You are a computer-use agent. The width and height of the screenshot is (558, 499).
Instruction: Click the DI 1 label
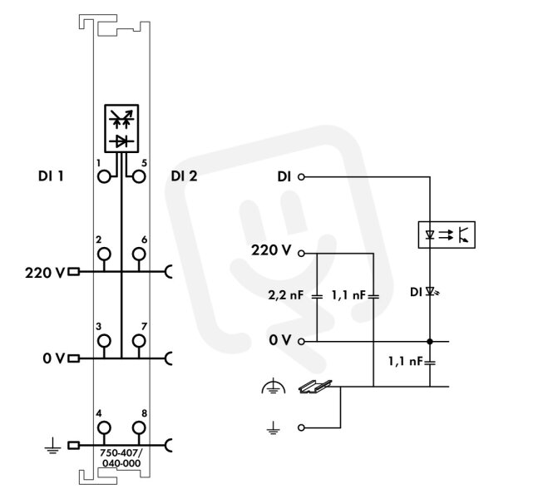51,175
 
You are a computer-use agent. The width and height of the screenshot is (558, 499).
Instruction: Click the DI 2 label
184,175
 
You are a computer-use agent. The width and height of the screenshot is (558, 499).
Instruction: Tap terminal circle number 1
104,176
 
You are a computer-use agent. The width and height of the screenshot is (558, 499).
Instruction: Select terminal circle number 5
139,176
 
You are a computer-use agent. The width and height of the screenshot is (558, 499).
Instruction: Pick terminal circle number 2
104,254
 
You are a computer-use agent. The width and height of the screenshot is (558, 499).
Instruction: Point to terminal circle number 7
139,341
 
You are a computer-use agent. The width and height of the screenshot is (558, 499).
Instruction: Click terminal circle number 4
104,427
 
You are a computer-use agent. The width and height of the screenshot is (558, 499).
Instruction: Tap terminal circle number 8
139,427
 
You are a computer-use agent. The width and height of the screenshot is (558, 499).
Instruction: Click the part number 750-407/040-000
121,458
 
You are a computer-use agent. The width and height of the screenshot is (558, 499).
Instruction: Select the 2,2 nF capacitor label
286,295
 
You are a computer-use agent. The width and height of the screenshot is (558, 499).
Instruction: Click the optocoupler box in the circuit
447,235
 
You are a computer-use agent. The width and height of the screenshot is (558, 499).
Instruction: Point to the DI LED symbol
432,292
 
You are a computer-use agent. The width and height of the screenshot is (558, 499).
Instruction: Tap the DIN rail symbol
315,386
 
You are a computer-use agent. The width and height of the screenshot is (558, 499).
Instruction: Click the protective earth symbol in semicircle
274,386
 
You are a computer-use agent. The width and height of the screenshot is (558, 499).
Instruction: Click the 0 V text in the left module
54,358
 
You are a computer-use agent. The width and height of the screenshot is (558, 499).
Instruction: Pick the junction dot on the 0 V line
430,342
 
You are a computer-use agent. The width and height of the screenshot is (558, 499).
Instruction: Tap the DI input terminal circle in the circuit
301,177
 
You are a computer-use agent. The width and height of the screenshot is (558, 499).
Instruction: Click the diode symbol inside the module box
121,142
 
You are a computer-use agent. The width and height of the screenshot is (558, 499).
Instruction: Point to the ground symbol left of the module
53,447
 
